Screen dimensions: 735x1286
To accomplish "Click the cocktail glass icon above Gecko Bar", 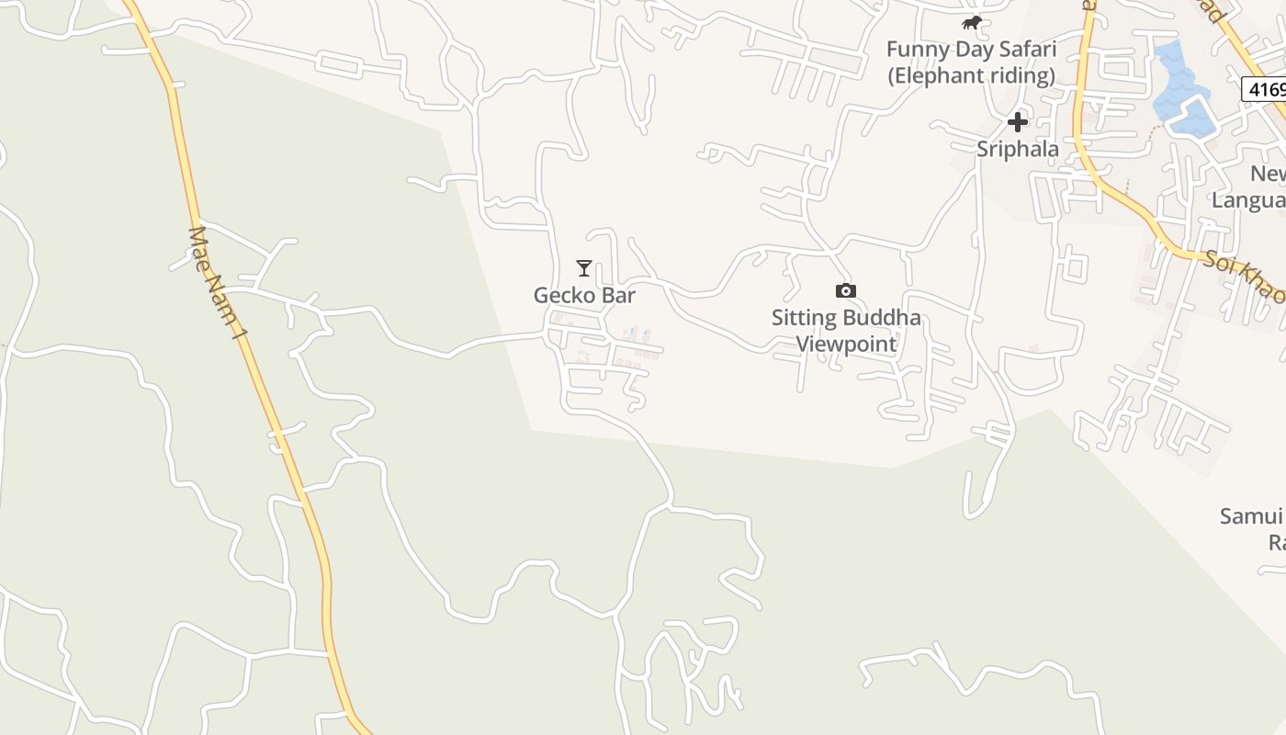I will tap(583, 268).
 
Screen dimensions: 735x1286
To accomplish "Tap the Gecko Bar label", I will tap(584, 295).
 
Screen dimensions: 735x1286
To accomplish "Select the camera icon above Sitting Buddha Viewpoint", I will tap(845, 291).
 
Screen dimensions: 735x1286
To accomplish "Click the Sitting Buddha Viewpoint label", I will tap(845, 331).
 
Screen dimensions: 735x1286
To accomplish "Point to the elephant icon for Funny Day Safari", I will tap(971, 23).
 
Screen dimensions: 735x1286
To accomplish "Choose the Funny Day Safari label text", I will tap(971, 49).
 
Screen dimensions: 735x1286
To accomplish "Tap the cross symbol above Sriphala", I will tap(1017, 121).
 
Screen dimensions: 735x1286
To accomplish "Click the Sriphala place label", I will tap(1017, 149).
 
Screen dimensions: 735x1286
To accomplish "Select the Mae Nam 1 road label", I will tap(218, 283).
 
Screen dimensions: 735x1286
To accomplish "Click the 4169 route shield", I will tap(1265, 89).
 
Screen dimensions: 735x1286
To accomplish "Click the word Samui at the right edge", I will tap(1250, 516).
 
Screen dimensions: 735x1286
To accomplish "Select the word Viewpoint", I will tap(845, 344).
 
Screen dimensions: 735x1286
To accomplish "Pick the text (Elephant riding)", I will tap(971, 75).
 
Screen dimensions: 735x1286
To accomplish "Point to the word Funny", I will tap(914, 49).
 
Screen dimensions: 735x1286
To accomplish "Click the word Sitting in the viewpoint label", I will tap(804, 318).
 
